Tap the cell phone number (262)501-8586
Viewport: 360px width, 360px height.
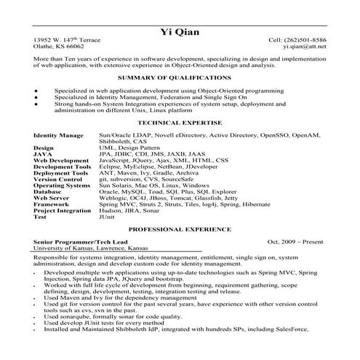(307, 40)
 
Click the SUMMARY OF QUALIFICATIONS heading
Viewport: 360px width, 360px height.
(180, 76)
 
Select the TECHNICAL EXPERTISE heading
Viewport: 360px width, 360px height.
(180, 125)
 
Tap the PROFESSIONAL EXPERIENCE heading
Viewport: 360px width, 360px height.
(180, 228)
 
